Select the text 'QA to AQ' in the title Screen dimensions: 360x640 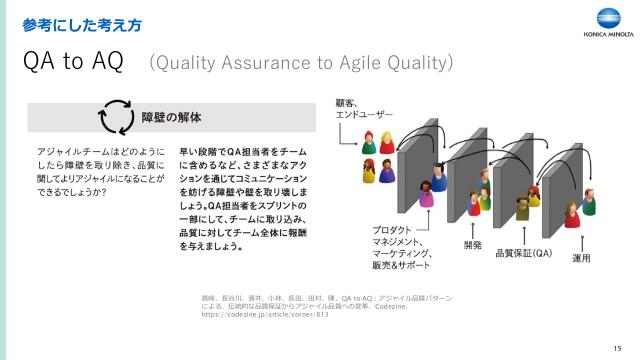point(72,62)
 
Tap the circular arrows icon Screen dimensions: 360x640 point(115,116)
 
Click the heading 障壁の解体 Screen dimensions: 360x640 point(171,116)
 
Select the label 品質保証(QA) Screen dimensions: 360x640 point(524,253)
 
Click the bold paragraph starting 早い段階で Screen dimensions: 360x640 point(243,197)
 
